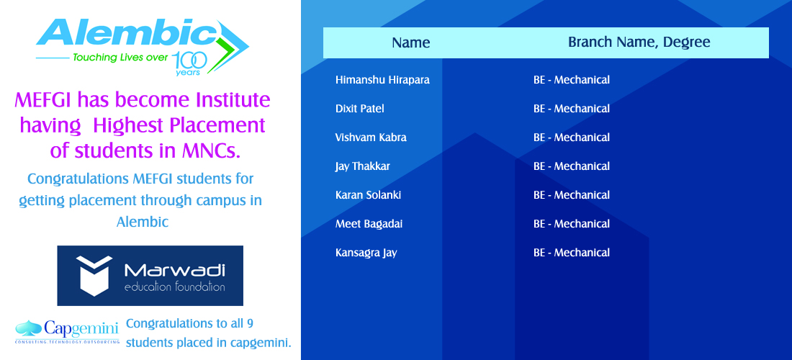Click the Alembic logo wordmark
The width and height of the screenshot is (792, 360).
126,35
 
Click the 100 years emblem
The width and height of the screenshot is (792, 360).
190,63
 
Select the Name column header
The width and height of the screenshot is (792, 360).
410,43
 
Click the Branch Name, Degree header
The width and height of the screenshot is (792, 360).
639,42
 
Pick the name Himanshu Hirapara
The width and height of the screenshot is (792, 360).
382,80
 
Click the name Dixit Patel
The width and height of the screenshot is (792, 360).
359,109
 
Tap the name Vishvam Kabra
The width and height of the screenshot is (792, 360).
371,138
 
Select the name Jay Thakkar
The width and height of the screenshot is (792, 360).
363,166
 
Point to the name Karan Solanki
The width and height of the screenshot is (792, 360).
368,195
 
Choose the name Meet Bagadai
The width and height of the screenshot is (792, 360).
369,224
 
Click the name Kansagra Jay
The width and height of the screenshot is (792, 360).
366,253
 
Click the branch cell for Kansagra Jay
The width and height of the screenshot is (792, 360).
572,253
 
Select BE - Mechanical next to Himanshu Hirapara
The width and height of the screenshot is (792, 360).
572,80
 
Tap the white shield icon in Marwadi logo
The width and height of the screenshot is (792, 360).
94,276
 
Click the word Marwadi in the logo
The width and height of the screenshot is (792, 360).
175,271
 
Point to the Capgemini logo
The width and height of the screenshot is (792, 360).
67,331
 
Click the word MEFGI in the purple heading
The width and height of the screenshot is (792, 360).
45,100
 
